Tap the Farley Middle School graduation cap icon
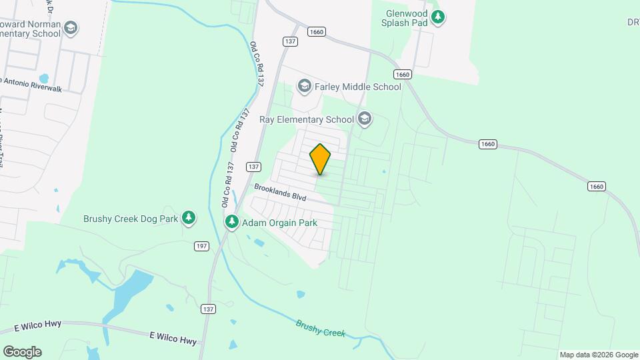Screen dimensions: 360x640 point(305,86)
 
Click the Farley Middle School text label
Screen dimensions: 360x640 point(358,87)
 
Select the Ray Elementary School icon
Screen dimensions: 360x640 point(364,119)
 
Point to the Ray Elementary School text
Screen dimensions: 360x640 point(306,120)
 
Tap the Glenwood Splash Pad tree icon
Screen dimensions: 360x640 point(438,17)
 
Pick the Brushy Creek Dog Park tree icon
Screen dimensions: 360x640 point(189,218)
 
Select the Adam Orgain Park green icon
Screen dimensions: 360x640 point(232,222)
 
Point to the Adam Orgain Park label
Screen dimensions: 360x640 point(279,223)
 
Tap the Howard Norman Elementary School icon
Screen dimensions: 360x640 point(71,28)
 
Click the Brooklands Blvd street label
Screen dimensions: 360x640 point(279,193)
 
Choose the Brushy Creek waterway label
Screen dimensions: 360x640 point(321,328)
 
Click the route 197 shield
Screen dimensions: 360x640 point(202,247)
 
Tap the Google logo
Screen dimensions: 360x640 point(22,352)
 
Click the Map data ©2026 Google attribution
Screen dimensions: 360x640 point(599,355)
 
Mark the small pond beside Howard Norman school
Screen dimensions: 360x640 point(44,78)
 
